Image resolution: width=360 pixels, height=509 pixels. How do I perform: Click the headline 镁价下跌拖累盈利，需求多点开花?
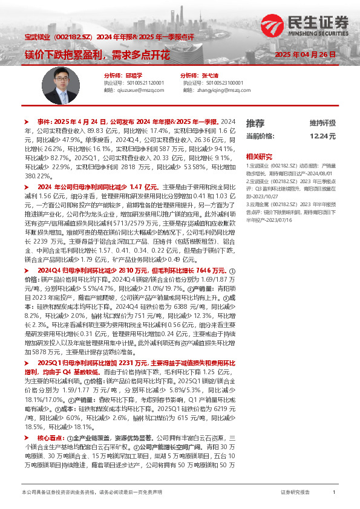click(x=97, y=54)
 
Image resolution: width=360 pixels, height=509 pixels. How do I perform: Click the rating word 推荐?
click(x=255, y=123)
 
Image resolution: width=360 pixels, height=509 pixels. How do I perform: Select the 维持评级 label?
click(x=322, y=123)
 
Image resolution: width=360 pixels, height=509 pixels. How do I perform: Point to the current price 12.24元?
click(x=322, y=136)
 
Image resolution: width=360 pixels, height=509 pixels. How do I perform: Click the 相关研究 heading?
click(x=258, y=155)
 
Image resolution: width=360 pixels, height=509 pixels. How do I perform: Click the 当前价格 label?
click(x=261, y=136)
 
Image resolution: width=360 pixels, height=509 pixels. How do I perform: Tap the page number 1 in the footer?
click(x=334, y=493)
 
